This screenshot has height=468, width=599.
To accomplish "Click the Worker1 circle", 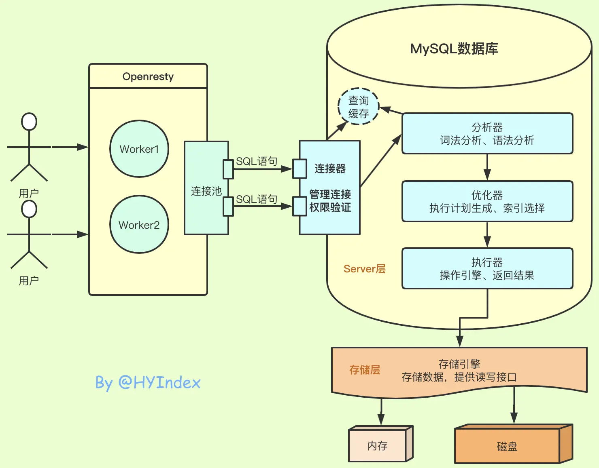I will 139,149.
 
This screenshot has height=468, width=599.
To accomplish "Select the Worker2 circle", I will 139,225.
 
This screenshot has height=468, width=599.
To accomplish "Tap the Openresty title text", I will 148,76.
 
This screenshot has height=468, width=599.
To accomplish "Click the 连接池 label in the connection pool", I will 206,191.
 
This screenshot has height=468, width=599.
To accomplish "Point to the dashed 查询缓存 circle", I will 358,107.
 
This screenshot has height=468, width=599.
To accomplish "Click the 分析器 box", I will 487,133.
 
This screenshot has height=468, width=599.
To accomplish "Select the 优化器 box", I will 487,201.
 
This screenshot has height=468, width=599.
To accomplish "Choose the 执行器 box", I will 487,268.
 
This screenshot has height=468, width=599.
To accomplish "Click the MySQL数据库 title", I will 454,48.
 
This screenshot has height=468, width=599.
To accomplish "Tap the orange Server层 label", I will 364,269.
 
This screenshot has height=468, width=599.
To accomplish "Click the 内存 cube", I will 378,445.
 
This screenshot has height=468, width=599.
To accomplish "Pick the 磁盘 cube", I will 507,446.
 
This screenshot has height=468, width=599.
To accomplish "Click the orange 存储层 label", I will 364,370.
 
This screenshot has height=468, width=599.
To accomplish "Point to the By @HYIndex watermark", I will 148,382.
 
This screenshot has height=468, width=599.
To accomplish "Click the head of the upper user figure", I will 29,122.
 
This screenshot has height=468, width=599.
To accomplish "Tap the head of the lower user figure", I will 29,209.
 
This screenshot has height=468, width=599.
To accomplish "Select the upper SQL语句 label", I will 257,161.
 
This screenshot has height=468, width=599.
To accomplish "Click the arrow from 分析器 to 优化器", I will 487,167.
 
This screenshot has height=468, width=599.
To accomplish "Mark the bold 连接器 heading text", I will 330,169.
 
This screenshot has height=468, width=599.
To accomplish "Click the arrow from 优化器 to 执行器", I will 487,235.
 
